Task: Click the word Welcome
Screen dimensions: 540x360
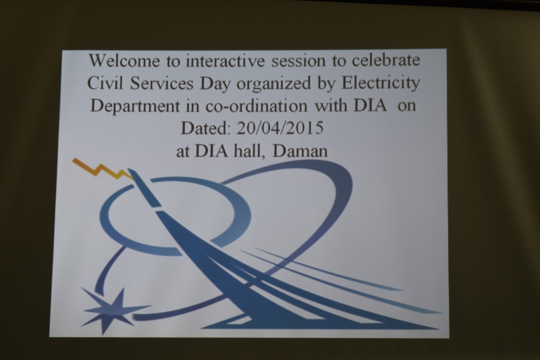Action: point(124,61)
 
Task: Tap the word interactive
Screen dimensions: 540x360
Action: point(225,61)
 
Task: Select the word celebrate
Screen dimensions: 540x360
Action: point(385,60)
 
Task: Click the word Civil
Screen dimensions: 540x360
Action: point(105,83)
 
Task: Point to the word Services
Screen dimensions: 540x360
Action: point(161,83)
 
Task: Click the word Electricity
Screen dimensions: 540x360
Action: point(381,84)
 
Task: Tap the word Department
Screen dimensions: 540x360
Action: point(134,107)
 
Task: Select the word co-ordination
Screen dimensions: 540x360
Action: point(256,106)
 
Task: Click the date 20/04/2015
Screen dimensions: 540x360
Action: point(280,128)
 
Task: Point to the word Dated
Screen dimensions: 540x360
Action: point(205,128)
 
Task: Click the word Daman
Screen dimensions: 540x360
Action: point(300,151)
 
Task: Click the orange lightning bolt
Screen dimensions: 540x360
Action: point(103,169)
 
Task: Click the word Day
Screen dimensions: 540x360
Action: point(215,84)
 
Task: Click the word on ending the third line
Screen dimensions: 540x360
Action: point(407,107)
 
